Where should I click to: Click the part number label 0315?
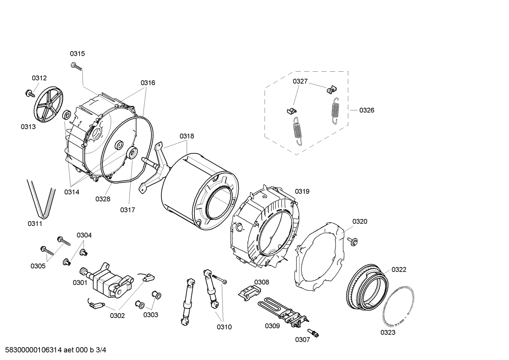tap(77, 54)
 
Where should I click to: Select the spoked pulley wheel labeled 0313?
tap(48, 105)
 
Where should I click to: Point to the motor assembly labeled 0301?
tap(106, 279)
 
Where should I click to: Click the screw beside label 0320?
tap(352, 241)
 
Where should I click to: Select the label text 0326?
tap(367, 110)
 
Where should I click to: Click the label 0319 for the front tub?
tap(302, 191)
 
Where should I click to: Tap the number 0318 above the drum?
tap(187, 136)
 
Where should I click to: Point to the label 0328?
tap(103, 199)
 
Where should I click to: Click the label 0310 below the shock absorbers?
tap(224, 327)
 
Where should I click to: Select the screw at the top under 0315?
tap(76, 66)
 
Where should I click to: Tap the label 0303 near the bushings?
tap(151, 315)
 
